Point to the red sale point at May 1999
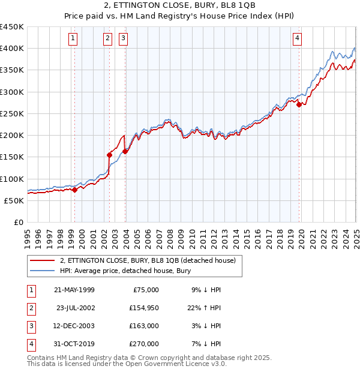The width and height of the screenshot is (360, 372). (74, 190)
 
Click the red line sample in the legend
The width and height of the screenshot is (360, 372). (42, 260)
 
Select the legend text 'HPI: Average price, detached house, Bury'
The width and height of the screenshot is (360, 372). (125, 271)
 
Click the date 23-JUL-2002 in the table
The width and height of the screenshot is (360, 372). (76, 308)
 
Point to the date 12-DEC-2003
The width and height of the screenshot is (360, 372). (75, 326)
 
